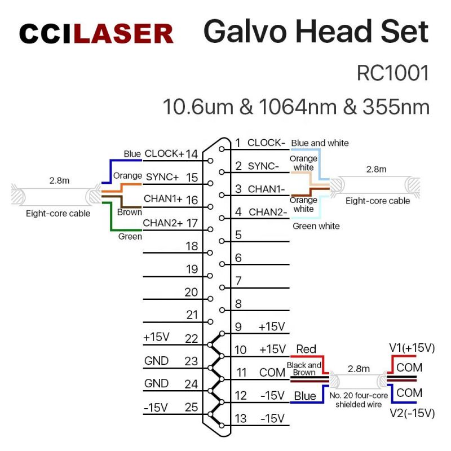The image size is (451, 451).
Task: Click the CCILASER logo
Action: click(96, 34)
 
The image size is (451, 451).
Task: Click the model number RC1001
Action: click(393, 73)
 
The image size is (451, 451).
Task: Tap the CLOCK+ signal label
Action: click(164, 153)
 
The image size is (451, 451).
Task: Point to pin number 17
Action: click(192, 223)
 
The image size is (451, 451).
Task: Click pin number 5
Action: click(238, 235)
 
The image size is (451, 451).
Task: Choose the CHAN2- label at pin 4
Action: click(268, 212)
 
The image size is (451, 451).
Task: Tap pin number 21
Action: click(192, 315)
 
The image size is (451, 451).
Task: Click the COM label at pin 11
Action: click(272, 373)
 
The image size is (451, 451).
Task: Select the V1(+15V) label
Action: click(412, 348)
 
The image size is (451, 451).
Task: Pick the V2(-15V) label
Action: click(412, 413)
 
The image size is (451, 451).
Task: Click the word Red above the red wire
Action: click(306, 350)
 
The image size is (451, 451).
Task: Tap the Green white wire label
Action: click(316, 226)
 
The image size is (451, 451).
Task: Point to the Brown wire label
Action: click(129, 213)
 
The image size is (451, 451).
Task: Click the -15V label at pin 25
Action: click(156, 408)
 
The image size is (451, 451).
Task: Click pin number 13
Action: click(241, 418)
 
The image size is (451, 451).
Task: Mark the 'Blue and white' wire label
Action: click(320, 143)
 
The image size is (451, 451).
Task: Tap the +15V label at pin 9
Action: click(272, 327)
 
